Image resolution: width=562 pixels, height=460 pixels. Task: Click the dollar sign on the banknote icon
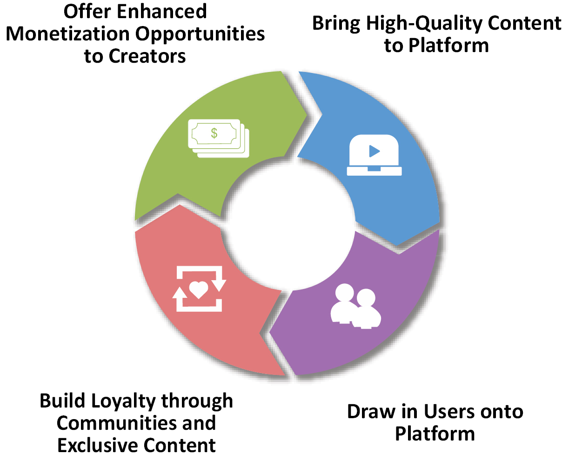click(214, 133)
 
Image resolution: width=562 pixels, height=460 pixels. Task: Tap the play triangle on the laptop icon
click(374, 151)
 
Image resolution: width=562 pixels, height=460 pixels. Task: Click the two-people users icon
click(355, 306)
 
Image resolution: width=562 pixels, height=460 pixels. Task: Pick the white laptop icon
click(374, 155)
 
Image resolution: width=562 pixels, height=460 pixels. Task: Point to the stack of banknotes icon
click(219, 138)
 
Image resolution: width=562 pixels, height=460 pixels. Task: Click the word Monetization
click(68, 34)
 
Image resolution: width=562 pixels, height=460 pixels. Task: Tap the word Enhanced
click(162, 12)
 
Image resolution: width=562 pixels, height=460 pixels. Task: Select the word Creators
click(147, 56)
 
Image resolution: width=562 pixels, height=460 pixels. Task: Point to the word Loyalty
click(123, 401)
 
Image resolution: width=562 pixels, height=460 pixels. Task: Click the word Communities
click(116, 423)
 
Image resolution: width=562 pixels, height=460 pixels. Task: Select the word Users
click(448, 412)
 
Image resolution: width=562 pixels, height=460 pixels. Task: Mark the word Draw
click(371, 412)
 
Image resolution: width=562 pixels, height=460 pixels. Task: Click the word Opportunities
click(200, 34)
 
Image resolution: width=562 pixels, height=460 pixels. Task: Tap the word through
click(197, 401)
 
